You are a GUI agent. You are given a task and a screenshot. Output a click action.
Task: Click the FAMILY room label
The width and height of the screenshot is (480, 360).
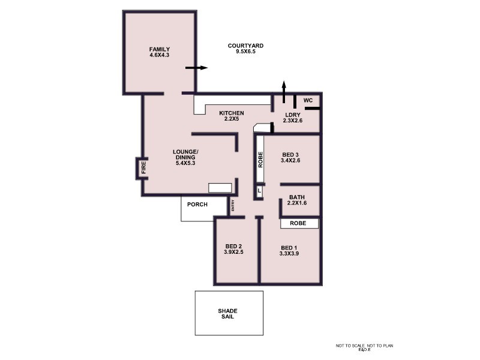coord(160,52)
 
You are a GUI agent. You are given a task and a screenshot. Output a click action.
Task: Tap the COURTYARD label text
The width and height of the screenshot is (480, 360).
coord(246,49)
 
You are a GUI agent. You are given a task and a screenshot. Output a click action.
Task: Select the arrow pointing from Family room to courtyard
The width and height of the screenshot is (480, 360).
coord(196,68)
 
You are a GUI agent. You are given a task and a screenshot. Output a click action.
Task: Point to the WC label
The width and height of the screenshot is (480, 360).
coord(308,100)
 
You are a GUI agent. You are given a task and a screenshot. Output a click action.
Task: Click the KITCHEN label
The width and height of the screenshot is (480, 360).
coord(231,116)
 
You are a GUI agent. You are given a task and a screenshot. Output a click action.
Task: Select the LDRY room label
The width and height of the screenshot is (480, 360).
coord(294,118)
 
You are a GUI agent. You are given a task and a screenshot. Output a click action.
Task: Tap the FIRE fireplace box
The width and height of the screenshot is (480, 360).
coord(143,167)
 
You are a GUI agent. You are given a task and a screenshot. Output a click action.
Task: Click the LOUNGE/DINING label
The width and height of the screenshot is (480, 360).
coord(185,157)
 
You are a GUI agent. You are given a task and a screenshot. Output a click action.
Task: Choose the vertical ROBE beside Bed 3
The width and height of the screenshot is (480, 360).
coord(260,158)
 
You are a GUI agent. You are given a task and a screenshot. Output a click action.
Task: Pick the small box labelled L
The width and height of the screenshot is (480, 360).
coord(259,191)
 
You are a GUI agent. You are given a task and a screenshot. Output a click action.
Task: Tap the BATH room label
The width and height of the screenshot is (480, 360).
coord(298,200)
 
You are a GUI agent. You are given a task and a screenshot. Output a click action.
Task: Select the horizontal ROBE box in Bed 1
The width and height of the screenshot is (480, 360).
coord(299,223)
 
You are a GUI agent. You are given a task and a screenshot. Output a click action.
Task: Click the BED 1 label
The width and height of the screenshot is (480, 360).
coord(289,251)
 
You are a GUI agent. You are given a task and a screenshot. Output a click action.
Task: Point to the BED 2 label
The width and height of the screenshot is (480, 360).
coord(233,250)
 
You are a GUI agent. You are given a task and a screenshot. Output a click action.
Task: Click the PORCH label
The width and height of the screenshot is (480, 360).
coord(197,205)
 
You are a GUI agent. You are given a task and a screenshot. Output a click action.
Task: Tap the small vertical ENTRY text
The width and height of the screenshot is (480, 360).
coord(233,206)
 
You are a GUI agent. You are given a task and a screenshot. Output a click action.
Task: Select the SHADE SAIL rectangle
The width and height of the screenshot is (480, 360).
coord(229,313)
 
